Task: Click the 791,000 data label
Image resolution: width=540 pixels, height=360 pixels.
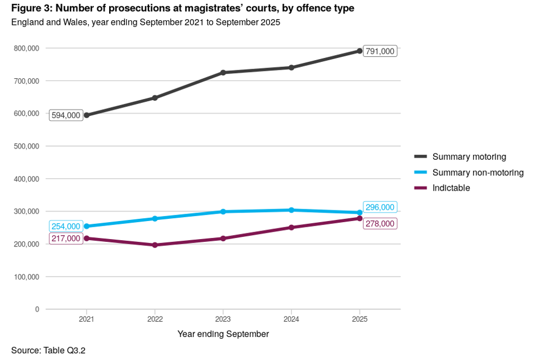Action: [x=380, y=51]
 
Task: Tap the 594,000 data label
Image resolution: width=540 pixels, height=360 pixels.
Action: [x=66, y=116]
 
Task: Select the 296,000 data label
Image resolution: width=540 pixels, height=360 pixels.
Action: [x=380, y=207]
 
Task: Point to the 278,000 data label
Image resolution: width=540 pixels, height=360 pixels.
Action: [x=380, y=223]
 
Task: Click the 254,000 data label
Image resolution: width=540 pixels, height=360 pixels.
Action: [x=66, y=226]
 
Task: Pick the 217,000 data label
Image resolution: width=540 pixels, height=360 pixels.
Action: [x=66, y=238]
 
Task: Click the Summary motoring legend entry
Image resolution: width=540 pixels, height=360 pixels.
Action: [x=469, y=156]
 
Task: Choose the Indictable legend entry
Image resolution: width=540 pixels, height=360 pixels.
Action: [x=451, y=188]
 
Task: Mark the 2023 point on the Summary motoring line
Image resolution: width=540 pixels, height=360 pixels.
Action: [x=223, y=73]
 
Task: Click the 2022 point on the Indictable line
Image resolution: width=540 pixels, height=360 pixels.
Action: [x=155, y=245]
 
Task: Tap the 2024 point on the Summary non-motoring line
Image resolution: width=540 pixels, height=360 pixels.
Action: [x=291, y=210]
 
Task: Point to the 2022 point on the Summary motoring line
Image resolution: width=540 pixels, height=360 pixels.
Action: [x=155, y=98]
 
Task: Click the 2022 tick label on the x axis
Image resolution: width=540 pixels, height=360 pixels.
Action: [x=155, y=319]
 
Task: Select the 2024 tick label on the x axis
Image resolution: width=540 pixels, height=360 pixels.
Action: [x=291, y=319]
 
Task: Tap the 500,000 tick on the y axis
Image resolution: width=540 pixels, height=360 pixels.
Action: [x=26, y=146]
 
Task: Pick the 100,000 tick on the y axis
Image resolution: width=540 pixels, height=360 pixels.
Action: [x=26, y=277]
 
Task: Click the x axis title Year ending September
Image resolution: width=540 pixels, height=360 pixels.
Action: [x=223, y=334]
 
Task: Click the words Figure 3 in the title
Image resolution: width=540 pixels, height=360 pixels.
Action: [x=31, y=8]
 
